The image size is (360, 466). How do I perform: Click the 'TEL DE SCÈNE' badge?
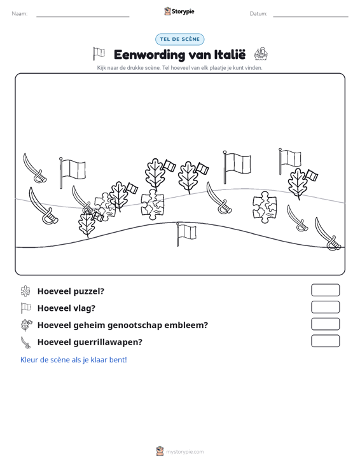pyautogui.click(x=179, y=39)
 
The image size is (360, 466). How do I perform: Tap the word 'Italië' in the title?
pyautogui.click(x=230, y=55)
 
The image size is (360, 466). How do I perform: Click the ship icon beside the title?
pyautogui.click(x=261, y=54)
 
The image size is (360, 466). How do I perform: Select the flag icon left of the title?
pyautogui.click(x=99, y=54)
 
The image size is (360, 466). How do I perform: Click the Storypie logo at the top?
pyautogui.click(x=179, y=11)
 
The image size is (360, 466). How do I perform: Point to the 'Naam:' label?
pyautogui.click(x=20, y=14)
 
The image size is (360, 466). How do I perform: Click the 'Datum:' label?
pyautogui.click(x=258, y=14)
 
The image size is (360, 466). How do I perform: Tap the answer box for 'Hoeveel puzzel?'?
pyautogui.click(x=325, y=290)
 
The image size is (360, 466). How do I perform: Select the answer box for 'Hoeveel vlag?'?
pyautogui.click(x=325, y=307)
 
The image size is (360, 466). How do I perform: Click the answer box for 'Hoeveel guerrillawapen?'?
pyautogui.click(x=325, y=341)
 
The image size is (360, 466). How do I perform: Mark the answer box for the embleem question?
pyautogui.click(x=325, y=324)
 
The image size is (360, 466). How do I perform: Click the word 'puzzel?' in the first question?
pyautogui.click(x=89, y=292)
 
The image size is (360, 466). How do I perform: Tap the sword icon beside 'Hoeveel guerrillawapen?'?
pyautogui.click(x=25, y=342)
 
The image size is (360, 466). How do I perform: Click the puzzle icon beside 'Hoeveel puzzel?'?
pyautogui.click(x=25, y=291)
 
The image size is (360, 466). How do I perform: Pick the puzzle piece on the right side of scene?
pyautogui.click(x=265, y=207)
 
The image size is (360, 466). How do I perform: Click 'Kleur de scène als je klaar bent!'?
pyautogui.click(x=73, y=360)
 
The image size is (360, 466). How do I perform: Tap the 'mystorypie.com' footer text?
pyautogui.click(x=184, y=452)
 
